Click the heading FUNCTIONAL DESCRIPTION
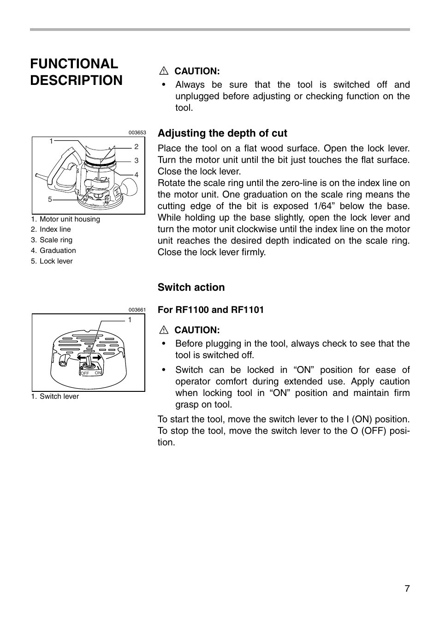point(77,72)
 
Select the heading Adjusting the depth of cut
point(222,133)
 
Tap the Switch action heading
point(191,288)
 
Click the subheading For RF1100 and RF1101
point(211,310)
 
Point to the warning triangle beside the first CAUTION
point(163,72)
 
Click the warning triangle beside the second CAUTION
point(163,330)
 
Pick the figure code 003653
point(137,133)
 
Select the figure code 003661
point(137,310)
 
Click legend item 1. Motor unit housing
point(65,219)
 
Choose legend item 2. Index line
point(51,229)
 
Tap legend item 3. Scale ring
point(52,240)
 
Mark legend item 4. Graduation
point(54,251)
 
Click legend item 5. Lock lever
point(52,261)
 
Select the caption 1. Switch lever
point(55,396)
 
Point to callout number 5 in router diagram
point(50,200)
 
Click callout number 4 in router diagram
point(137,175)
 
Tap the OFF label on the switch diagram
point(85,373)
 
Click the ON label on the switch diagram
point(98,373)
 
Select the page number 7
point(407,588)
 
